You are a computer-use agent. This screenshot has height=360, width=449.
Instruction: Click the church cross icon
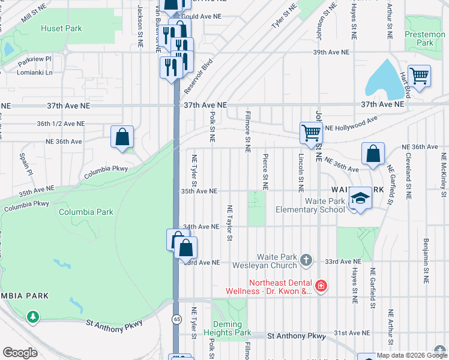click(x=306, y=260)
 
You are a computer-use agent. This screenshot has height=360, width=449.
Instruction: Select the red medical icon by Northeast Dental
click(x=321, y=286)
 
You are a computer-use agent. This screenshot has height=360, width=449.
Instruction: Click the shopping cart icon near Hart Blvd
click(x=419, y=76)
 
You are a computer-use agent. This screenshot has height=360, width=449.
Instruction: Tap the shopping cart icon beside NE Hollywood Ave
click(x=311, y=133)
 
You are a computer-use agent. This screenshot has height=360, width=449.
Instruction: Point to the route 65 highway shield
click(x=176, y=318)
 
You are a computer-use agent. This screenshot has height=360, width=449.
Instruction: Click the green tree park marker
click(x=32, y=316)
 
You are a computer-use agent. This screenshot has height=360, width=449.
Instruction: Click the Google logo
click(x=20, y=353)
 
